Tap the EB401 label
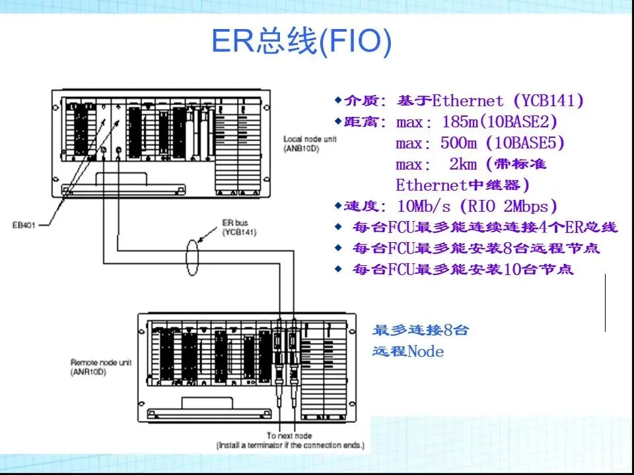click(24, 225)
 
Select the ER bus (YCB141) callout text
click(238, 228)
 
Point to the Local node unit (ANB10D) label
click(310, 144)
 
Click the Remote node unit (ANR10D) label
click(101, 367)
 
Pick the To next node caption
click(289, 436)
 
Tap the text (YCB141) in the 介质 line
click(548, 101)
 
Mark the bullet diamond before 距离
click(339, 121)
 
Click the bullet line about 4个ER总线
click(485, 228)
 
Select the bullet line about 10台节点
click(463, 269)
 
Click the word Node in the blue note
click(426, 352)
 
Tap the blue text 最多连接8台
click(421, 331)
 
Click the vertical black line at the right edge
click(606, 303)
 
